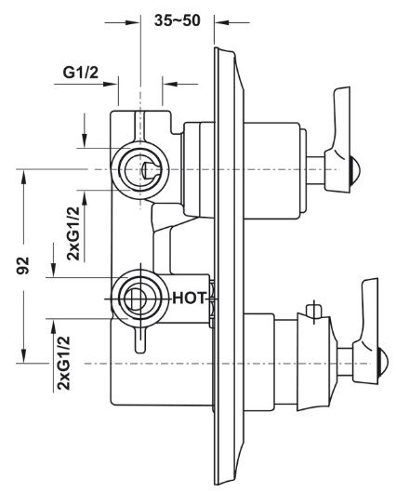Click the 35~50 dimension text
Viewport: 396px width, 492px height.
(178, 20)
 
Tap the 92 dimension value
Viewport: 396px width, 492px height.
(23, 265)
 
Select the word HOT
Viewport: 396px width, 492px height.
(190, 298)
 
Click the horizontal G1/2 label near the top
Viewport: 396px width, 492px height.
(81, 73)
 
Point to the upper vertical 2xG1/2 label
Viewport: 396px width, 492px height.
(73, 233)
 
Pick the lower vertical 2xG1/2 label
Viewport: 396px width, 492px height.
(62, 363)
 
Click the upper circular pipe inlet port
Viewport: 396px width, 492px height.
(140, 170)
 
